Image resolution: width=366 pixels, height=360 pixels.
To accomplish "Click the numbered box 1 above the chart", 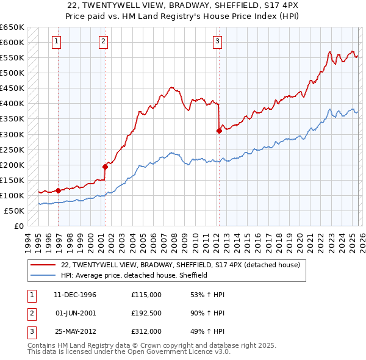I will pyautogui.click(x=56, y=41).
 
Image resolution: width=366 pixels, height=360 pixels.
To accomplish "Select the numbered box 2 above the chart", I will pyautogui.click(x=103, y=41).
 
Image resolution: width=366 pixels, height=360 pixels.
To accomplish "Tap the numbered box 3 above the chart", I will pyautogui.click(x=217, y=41).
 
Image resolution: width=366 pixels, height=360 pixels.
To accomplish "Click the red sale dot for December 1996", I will pyautogui.click(x=58, y=190).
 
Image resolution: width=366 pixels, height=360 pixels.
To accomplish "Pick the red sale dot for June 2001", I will pyautogui.click(x=105, y=167).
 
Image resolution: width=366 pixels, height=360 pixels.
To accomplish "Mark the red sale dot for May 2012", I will pyautogui.click(x=218, y=130).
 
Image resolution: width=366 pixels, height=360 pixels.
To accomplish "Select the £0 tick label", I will pyautogui.click(x=19, y=226).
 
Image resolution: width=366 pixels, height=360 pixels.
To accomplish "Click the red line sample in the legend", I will pyautogui.click(x=43, y=265).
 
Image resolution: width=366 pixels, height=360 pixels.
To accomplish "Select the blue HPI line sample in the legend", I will pyautogui.click(x=43, y=275).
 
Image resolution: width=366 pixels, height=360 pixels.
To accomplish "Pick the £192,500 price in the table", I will pyautogui.click(x=146, y=314).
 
